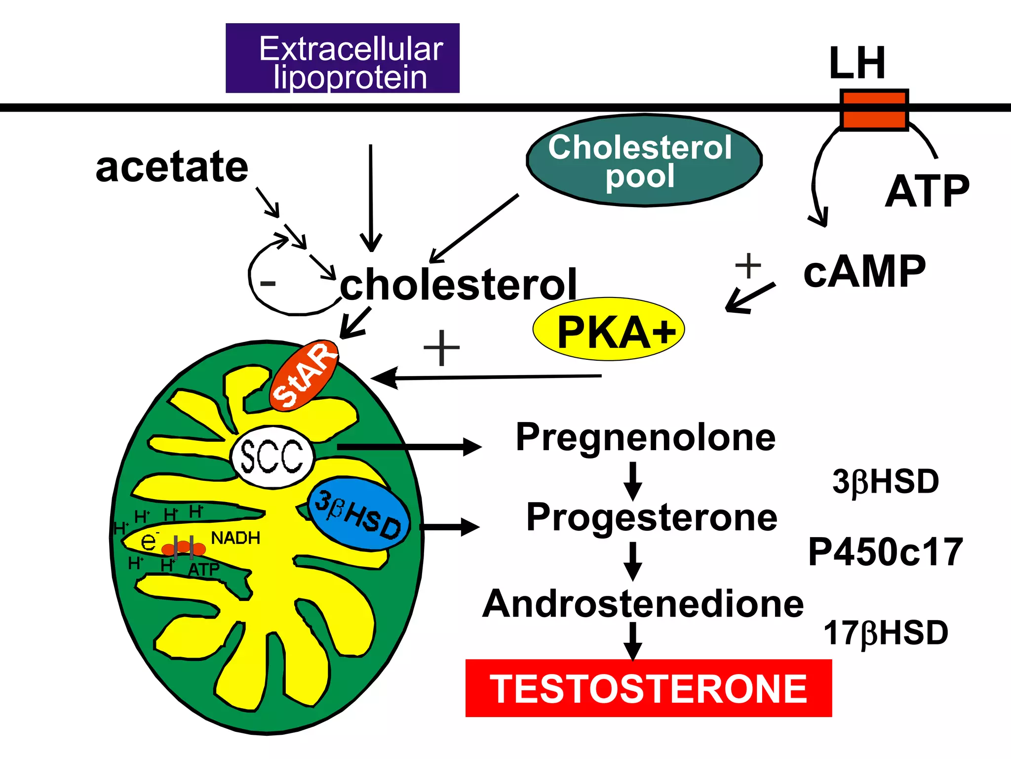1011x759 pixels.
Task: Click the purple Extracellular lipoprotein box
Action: tap(342, 58)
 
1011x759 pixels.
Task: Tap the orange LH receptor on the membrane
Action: tap(874, 110)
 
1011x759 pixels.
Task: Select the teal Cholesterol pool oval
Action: tap(644, 161)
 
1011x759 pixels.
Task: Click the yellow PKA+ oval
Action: tap(608, 330)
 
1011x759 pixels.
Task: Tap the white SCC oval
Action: tap(272, 457)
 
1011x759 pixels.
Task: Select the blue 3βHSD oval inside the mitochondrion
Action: tap(359, 514)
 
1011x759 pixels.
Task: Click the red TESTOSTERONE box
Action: tap(648, 688)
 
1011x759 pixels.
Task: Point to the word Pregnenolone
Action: tap(645, 437)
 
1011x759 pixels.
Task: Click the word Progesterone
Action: tap(651, 517)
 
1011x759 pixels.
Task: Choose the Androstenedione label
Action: tap(643, 604)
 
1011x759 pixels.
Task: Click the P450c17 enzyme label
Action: tap(885, 552)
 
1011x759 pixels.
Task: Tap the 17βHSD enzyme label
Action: tap(885, 633)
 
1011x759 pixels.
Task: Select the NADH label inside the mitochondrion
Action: tap(235, 538)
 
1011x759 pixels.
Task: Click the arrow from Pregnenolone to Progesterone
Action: tap(632, 480)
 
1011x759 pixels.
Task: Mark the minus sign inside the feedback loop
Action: tap(268, 283)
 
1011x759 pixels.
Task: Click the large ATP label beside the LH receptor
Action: tap(927, 192)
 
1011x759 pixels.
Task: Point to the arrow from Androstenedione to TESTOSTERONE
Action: tap(632, 640)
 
